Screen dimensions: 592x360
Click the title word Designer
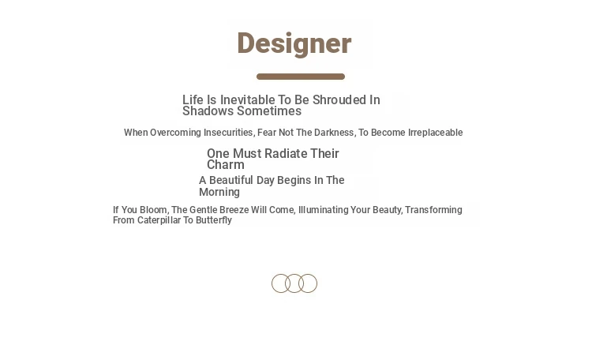click(x=294, y=44)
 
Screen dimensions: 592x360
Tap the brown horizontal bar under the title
click(x=301, y=77)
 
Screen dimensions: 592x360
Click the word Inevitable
click(x=247, y=99)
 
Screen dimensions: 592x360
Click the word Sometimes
click(x=269, y=111)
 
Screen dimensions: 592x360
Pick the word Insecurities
click(x=229, y=133)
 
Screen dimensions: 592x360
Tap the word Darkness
click(x=334, y=133)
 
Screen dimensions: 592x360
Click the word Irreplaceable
click(x=435, y=133)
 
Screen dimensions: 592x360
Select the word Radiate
click(x=286, y=153)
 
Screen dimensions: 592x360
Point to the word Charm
click(x=226, y=165)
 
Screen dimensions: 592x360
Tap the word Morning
click(x=219, y=192)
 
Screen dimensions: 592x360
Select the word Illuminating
click(x=323, y=210)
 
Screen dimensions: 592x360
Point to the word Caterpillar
click(x=159, y=220)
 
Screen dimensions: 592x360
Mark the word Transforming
click(x=433, y=210)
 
